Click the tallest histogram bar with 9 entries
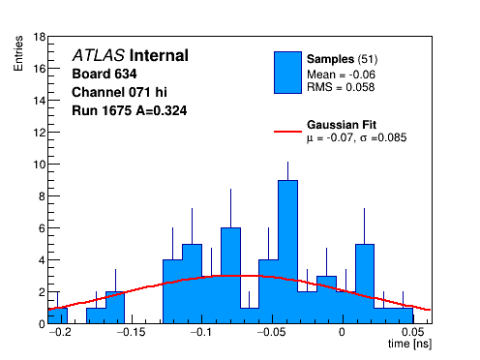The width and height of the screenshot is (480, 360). click(x=287, y=252)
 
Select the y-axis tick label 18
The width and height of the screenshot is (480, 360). click(x=40, y=37)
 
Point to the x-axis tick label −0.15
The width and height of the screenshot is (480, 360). click(x=132, y=332)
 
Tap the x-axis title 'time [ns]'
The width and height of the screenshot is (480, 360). click(x=409, y=344)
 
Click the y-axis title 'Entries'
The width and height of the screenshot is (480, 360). click(x=18, y=53)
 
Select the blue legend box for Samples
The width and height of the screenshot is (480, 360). click(x=287, y=73)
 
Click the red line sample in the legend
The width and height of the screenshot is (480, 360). click(x=287, y=132)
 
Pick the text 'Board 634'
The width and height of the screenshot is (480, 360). click(x=105, y=74)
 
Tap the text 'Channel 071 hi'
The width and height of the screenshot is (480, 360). click(x=119, y=92)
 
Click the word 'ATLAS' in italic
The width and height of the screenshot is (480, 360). click(x=99, y=55)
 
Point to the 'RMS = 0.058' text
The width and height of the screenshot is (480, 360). click(x=341, y=87)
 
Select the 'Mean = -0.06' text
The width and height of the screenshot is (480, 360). click(x=341, y=75)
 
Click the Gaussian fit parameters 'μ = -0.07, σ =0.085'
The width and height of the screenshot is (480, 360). click(x=356, y=137)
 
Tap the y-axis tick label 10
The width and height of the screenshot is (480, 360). click(x=40, y=165)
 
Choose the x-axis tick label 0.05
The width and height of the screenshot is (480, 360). click(x=413, y=332)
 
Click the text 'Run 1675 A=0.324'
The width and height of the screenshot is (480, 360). click(x=130, y=110)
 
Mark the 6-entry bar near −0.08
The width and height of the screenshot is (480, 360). click(x=230, y=276)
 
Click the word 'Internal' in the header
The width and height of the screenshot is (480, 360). click(x=159, y=55)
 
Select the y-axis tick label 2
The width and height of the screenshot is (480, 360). click(x=42, y=292)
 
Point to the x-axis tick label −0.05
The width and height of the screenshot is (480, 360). click(x=272, y=332)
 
